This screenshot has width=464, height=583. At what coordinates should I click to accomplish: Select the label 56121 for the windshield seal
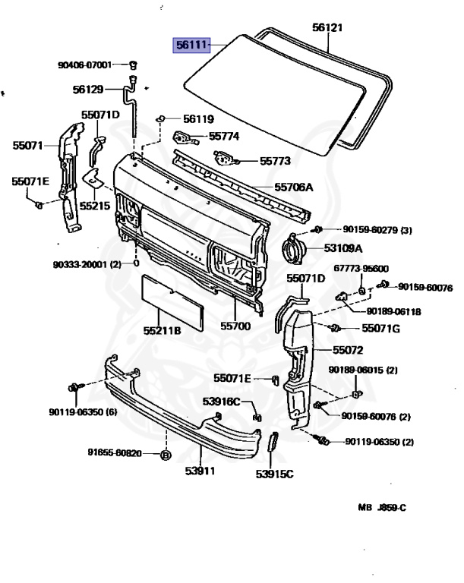click(x=328, y=28)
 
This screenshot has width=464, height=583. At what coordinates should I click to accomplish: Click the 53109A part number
click(x=343, y=247)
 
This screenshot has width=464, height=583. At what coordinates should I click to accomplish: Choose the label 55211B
click(x=163, y=331)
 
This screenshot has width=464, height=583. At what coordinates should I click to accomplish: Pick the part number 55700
click(x=235, y=326)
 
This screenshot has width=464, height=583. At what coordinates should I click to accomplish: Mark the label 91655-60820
click(x=115, y=455)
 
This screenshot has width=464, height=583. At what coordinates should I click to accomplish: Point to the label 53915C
click(x=274, y=475)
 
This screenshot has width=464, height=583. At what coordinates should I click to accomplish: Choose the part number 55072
click(x=349, y=351)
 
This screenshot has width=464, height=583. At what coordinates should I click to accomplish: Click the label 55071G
click(x=380, y=329)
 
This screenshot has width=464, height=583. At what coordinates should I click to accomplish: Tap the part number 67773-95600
click(x=361, y=269)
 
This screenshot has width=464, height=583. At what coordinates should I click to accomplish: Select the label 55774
click(x=224, y=137)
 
